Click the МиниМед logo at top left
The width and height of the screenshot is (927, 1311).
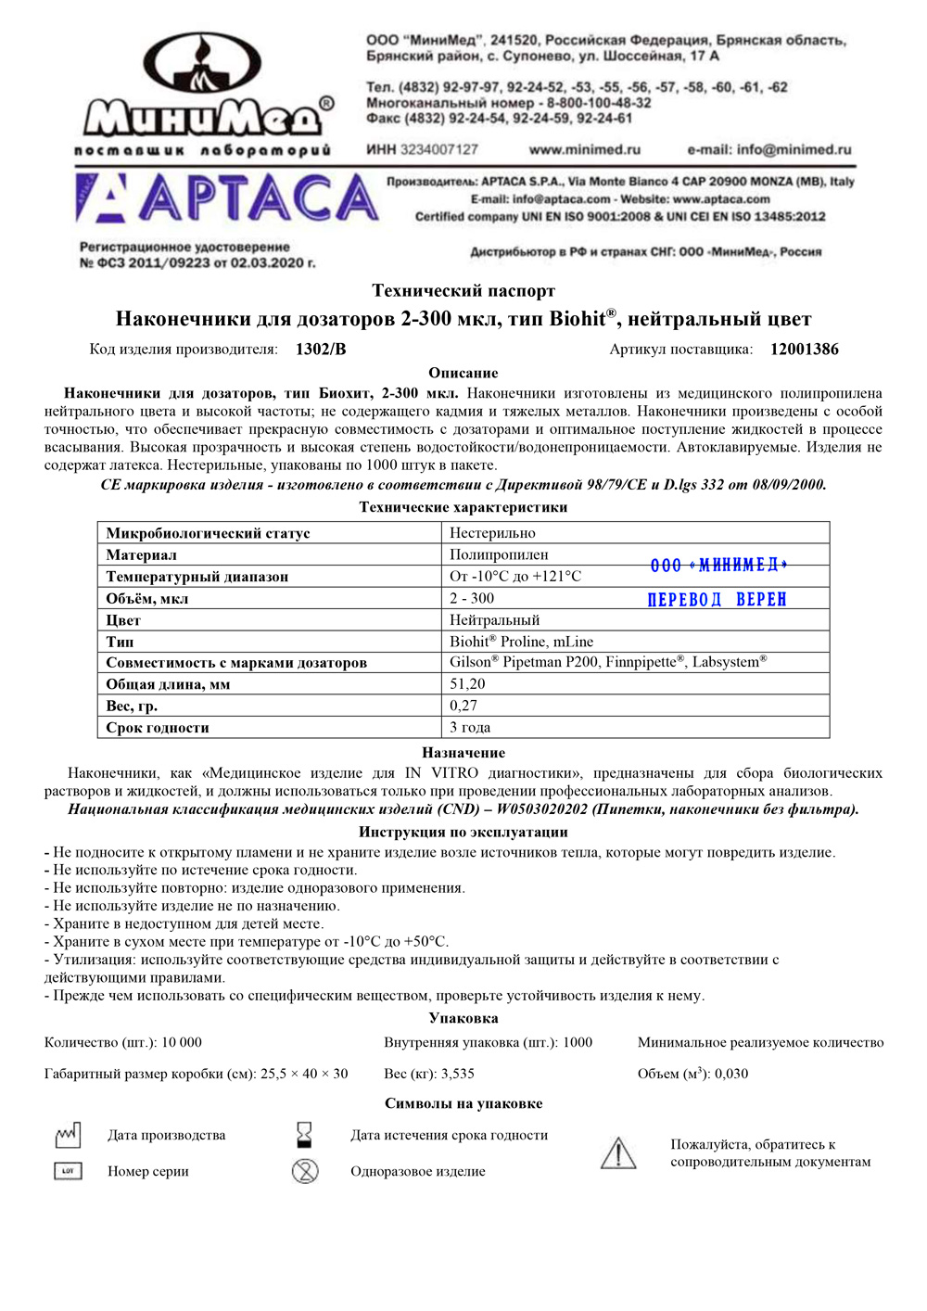point(204,93)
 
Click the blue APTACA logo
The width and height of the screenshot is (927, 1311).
point(227,199)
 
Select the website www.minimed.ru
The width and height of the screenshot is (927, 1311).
point(584,149)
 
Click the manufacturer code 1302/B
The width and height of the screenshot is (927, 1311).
point(321,350)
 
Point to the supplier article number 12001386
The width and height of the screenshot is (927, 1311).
point(804,350)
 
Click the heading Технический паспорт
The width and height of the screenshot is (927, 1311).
point(463,291)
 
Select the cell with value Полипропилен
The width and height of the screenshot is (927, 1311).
point(499,554)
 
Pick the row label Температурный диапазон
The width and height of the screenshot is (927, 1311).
point(197,577)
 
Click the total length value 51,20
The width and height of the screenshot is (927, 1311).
point(467,684)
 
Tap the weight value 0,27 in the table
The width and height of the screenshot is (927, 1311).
point(463,706)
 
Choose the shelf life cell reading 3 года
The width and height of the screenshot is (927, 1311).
point(470,728)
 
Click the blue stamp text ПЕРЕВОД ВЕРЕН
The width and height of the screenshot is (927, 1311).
point(717,600)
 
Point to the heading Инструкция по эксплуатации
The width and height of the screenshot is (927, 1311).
point(463,832)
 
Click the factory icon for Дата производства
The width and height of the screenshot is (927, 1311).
point(68,1135)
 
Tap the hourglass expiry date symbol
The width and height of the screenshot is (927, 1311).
point(304,1135)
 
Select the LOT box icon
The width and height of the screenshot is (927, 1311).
point(68,1171)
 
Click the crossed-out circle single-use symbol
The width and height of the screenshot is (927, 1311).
point(305,1171)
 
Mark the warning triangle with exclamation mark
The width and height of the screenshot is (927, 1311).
point(617,1153)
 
